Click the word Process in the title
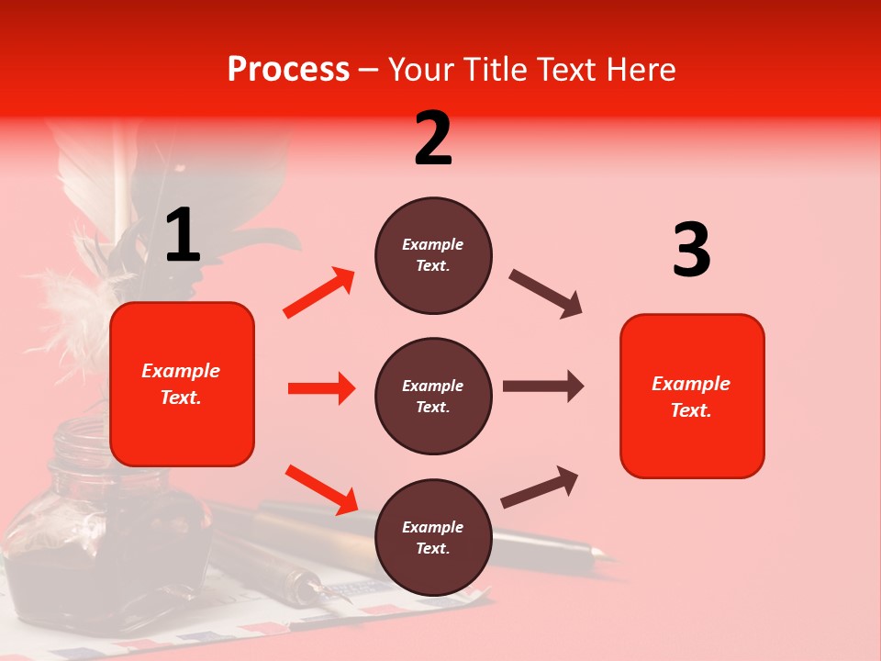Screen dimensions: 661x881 (x=288, y=69)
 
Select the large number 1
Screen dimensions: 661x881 (x=183, y=236)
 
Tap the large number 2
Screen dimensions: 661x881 (x=433, y=139)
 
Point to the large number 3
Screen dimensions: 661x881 (x=691, y=251)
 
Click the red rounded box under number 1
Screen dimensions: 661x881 (x=182, y=384)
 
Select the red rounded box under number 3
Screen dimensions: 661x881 (x=692, y=396)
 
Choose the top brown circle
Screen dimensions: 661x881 (x=433, y=255)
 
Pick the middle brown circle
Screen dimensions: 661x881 (x=433, y=396)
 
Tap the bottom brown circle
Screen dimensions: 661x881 (x=433, y=537)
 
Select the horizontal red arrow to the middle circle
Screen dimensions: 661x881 (x=321, y=388)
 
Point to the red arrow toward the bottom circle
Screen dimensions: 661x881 (x=321, y=489)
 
